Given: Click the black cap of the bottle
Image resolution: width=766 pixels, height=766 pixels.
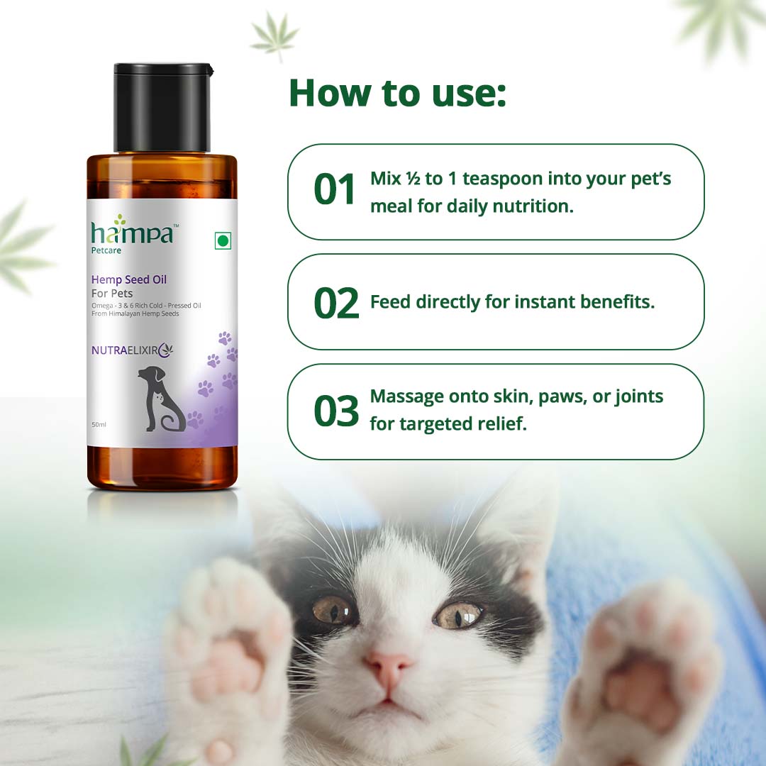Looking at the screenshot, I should tap(163, 108).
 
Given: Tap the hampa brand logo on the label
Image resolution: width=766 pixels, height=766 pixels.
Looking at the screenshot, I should tap(132, 232).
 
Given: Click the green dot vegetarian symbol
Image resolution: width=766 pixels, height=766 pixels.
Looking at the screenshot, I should tap(223, 241).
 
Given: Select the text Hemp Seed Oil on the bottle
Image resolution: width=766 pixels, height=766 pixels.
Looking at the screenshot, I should tap(129, 279).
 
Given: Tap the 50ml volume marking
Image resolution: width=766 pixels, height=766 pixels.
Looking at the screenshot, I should tap(99, 424).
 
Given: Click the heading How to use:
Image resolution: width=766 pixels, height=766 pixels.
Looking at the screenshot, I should tap(397, 93).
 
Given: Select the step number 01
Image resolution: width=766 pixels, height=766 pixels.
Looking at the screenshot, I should tap(335, 191).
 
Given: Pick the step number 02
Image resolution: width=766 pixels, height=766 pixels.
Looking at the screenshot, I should tap(336, 303).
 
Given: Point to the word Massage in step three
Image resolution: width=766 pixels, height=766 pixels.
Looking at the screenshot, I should tap(407, 396).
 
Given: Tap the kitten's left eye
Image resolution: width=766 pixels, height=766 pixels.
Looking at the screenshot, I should tap(332, 610).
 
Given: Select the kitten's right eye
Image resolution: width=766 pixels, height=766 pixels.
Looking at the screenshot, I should tap(458, 614).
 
